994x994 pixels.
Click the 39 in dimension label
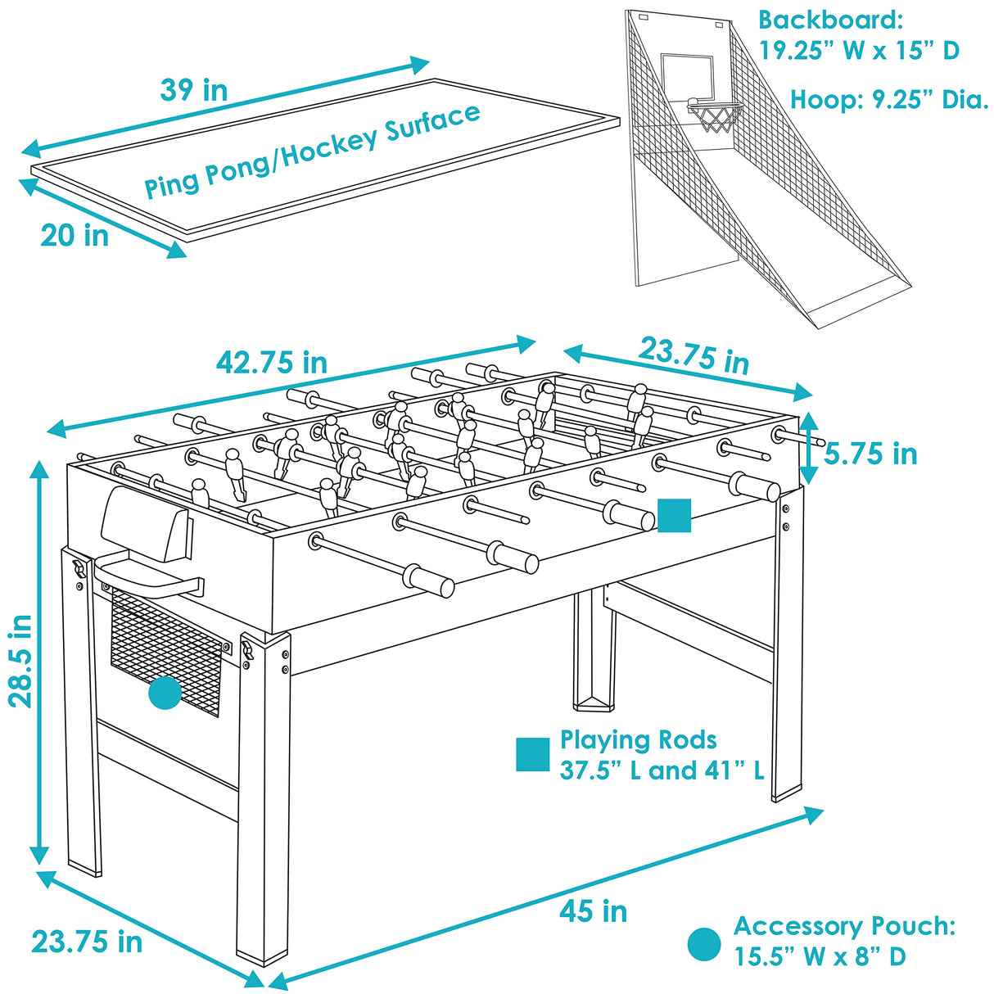pyautogui.click(x=193, y=90)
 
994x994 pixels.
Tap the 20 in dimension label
pyautogui.click(x=75, y=236)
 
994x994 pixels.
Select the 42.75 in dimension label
pyautogui.click(x=272, y=363)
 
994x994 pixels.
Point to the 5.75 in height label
pyautogui.click(x=870, y=454)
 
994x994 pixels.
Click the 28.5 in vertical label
pyautogui.click(x=21, y=661)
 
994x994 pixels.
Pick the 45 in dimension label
pyautogui.click(x=594, y=910)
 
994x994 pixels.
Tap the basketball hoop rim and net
pyautogui.click(x=716, y=115)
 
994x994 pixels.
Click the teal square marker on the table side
pyautogui.click(x=675, y=515)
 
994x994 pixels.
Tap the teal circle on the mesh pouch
pyautogui.click(x=165, y=693)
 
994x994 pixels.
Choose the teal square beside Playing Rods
pyautogui.click(x=533, y=754)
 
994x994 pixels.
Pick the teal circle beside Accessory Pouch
pyautogui.click(x=704, y=944)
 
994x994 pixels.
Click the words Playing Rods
pyautogui.click(x=638, y=740)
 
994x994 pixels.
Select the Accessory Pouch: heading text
pyautogui.click(x=844, y=926)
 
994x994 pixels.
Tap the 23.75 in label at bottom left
pyautogui.click(x=87, y=942)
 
